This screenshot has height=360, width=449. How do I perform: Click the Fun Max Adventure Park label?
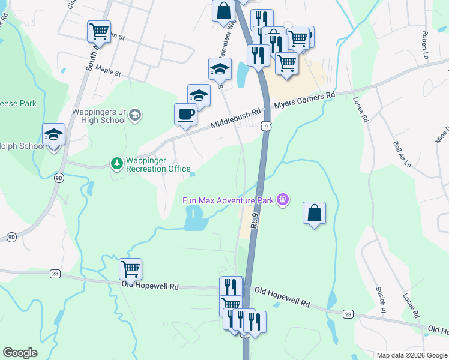[x=228, y=200]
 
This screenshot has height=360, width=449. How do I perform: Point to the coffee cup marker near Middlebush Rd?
[x=185, y=114]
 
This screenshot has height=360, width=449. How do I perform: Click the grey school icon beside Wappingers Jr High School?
[x=136, y=115]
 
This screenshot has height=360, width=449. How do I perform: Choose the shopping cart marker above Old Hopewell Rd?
[x=130, y=269]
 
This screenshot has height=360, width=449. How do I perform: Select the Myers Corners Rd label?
[x=304, y=101]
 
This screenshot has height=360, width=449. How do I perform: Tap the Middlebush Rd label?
[x=235, y=119]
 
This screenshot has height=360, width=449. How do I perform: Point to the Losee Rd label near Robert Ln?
[x=360, y=110]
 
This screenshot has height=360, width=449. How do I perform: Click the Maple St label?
[x=108, y=72]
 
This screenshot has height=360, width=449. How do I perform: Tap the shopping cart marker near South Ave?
[x=99, y=31]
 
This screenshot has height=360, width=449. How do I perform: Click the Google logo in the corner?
[x=20, y=353]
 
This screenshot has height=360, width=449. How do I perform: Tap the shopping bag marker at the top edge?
[x=223, y=10]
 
